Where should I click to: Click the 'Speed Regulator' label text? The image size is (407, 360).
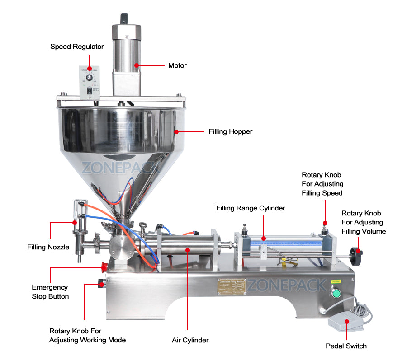[77, 47]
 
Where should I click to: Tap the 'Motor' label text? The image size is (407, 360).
[177, 65]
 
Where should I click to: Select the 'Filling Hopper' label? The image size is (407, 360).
[230, 131]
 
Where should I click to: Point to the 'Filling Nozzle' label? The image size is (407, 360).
[48, 247]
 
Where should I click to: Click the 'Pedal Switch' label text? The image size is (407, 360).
[346, 346]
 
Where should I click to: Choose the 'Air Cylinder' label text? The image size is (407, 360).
[190, 340]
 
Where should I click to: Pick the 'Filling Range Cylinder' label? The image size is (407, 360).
[251, 208]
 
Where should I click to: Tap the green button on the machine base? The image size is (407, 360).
[336, 294]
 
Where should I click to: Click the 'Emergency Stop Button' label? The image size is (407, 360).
[50, 292]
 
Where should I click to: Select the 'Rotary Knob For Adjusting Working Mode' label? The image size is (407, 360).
[87, 335]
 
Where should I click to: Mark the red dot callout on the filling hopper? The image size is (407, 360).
[177, 131]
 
